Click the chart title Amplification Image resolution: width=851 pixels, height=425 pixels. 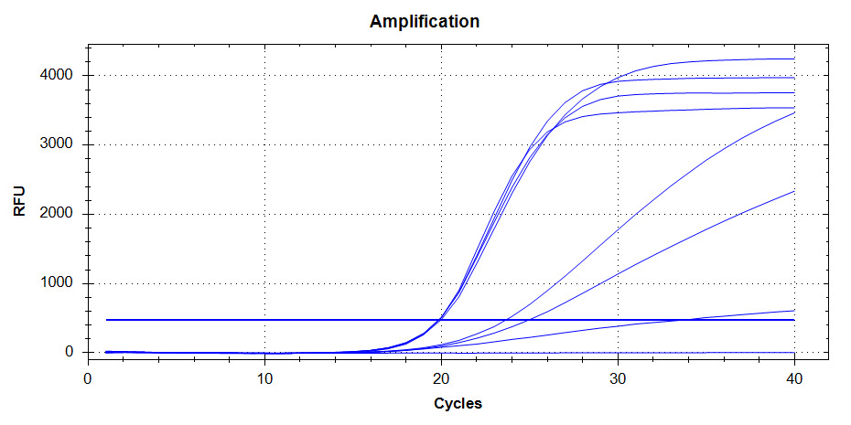424,21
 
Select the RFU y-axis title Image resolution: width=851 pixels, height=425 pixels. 19,201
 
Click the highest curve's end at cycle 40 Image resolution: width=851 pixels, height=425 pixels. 793,58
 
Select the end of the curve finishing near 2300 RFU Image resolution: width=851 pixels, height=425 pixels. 793,191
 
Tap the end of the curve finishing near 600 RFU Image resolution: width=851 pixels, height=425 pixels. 793,310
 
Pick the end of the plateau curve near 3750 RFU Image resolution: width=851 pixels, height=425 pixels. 793,92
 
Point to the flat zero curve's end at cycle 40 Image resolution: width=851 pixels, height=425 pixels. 793,352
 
